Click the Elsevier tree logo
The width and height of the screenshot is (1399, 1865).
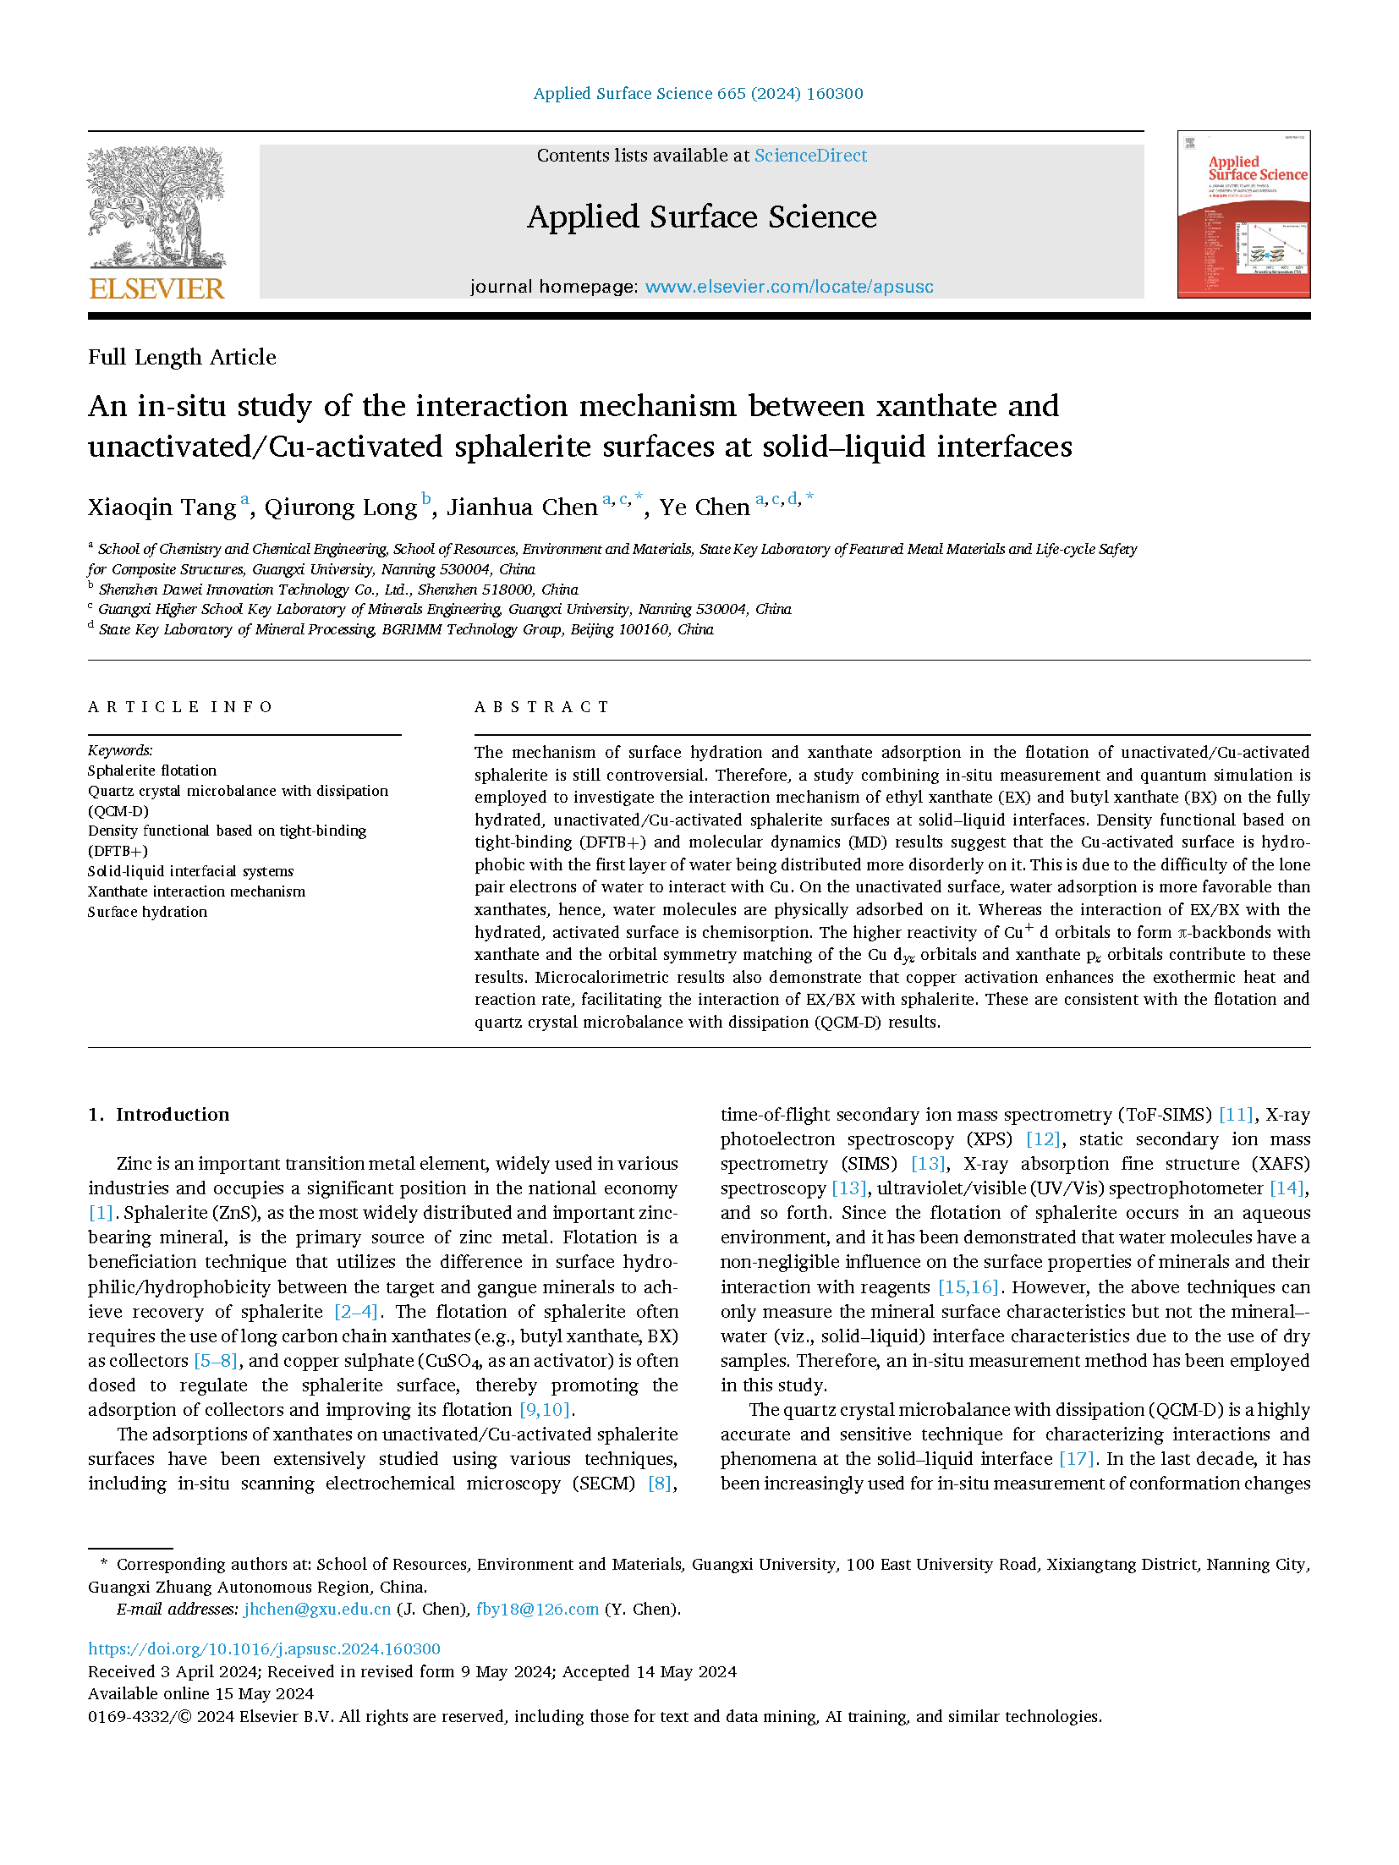click(156, 207)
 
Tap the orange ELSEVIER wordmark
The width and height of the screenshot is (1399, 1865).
click(156, 288)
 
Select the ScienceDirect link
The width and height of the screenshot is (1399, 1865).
click(810, 156)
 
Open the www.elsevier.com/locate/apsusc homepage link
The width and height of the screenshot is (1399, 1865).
click(788, 287)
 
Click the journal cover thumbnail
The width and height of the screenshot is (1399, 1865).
click(1243, 215)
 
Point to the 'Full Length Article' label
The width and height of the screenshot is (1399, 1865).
click(182, 357)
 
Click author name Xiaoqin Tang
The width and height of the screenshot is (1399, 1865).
click(162, 507)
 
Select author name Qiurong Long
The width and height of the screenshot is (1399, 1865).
click(340, 507)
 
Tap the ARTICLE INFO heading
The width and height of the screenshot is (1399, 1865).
click(180, 707)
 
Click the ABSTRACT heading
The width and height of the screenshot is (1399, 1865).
click(541, 707)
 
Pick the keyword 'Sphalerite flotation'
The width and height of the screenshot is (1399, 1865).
click(152, 771)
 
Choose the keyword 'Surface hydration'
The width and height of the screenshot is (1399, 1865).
click(147, 912)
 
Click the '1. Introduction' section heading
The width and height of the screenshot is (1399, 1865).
click(159, 1115)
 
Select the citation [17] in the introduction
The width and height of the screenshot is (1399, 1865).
click(1076, 1459)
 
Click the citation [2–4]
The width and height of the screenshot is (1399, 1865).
click(355, 1312)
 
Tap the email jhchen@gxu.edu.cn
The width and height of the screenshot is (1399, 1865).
click(317, 1610)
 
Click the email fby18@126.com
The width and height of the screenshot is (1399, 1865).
click(537, 1610)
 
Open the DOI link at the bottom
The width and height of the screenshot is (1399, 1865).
click(264, 1648)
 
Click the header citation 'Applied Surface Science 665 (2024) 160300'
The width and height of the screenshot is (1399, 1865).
click(698, 94)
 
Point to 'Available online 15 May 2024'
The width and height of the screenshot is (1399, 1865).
click(200, 1693)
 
